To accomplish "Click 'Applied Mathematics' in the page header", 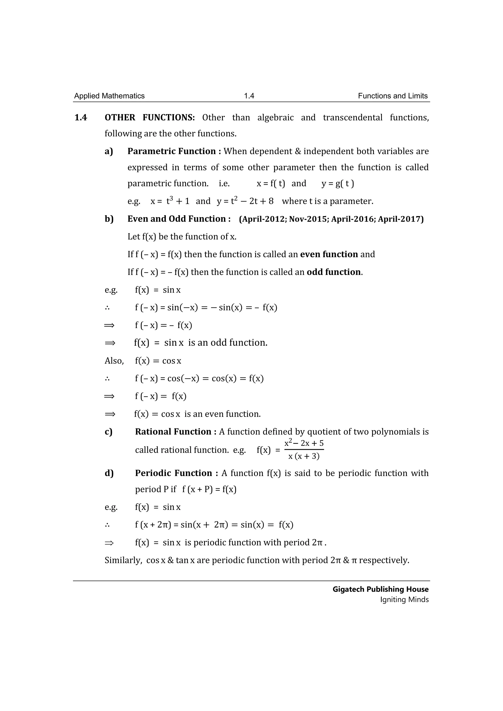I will point(109,96).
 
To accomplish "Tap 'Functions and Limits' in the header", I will point(392,96).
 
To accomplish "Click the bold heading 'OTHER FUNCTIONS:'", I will point(150,118).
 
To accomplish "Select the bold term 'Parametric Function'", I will point(172,151).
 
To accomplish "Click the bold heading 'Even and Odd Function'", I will point(176,219).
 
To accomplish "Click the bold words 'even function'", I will point(329,254).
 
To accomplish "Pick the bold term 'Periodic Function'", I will point(173,473).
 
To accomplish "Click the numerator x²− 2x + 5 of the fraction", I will point(304,443).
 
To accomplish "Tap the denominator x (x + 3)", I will point(304,456).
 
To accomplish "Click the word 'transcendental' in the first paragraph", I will point(352,118).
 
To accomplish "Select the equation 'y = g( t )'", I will point(338,184).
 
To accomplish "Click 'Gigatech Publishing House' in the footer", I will point(380,589).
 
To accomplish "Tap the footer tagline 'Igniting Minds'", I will point(404,600).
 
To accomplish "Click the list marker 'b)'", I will point(109,219).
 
